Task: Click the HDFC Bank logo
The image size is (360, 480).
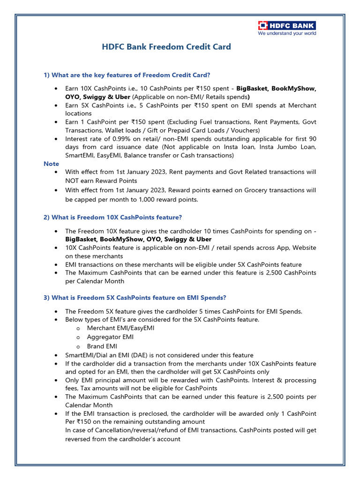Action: click(286, 25)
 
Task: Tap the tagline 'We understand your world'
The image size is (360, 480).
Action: click(286, 33)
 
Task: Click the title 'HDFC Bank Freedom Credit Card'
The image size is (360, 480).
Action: click(166, 47)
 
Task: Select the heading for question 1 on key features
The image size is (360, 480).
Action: click(127, 75)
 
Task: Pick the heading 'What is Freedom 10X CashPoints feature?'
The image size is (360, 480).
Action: click(112, 217)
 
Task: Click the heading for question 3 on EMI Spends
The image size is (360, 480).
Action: click(135, 298)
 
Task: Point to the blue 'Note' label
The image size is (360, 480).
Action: click(51, 164)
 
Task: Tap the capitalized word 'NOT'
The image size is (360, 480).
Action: click(73, 180)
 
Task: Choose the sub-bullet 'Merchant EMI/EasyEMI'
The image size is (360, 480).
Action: click(120, 328)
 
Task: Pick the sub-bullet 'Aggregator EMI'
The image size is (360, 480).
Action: click(110, 337)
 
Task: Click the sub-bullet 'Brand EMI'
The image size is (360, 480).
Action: click(102, 346)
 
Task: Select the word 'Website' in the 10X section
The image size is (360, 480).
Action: click(303, 248)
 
